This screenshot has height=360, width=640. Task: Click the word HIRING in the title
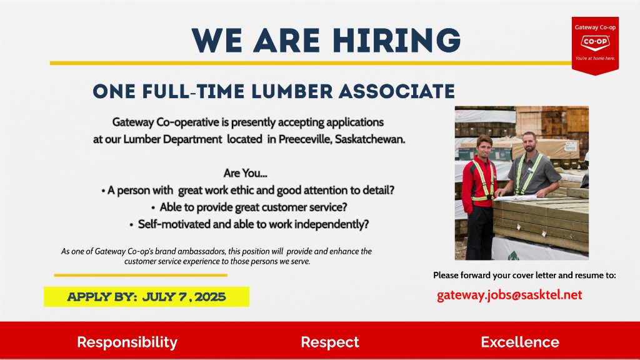396,41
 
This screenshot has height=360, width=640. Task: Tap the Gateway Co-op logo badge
595,46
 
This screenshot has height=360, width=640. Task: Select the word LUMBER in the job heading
292,91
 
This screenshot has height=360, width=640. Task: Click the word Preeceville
305,139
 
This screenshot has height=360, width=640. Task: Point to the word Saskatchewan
370,139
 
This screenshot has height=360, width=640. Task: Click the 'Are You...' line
245,173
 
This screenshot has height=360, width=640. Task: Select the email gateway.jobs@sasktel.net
509,295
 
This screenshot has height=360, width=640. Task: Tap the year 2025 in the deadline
210,297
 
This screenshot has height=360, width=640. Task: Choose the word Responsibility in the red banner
127,342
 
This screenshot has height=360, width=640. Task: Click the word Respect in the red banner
330,342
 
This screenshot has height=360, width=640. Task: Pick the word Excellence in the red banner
520,342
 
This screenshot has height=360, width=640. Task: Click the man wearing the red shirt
479,196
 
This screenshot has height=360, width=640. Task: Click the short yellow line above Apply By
141,276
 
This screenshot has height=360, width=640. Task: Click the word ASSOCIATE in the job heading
397,91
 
